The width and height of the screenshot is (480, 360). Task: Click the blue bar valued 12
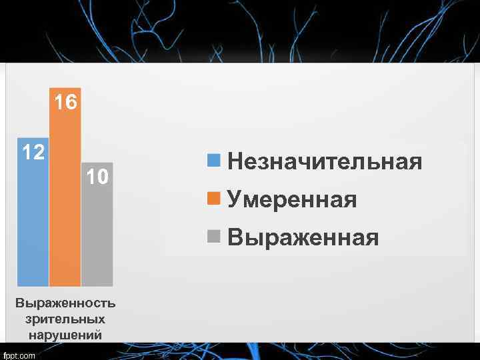tap(33, 220)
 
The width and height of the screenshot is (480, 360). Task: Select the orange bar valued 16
tap(65, 200)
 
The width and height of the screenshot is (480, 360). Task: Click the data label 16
tap(65, 102)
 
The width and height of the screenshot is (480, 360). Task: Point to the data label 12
tap(33, 153)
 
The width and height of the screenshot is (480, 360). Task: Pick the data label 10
tap(97, 177)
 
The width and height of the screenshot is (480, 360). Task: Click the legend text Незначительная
tap(325, 161)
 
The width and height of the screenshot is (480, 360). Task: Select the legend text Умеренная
tap(292, 199)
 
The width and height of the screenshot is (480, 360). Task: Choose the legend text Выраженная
tap(303, 237)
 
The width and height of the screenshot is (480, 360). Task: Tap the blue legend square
tap(213, 160)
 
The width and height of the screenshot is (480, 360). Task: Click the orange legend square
tap(213, 198)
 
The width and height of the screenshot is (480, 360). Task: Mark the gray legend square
tap(213, 236)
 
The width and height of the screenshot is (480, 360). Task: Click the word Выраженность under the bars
tap(65, 303)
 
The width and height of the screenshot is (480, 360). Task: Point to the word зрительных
tap(65, 319)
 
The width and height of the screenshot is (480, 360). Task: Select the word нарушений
tap(65, 335)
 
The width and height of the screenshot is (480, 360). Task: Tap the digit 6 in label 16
tap(71, 102)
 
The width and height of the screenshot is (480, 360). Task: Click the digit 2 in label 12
tap(39, 153)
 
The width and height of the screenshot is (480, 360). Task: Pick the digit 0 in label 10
tap(103, 177)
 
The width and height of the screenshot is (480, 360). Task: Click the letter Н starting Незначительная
tap(235, 161)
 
